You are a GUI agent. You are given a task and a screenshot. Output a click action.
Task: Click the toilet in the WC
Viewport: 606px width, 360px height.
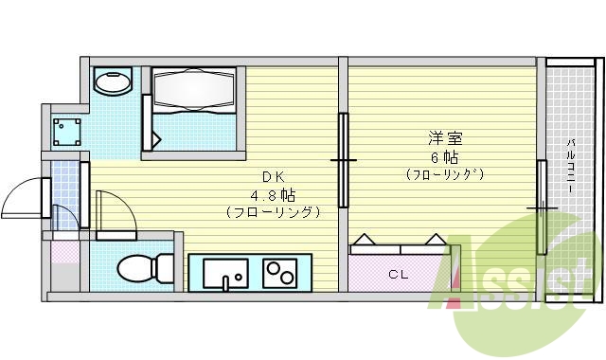[138, 267]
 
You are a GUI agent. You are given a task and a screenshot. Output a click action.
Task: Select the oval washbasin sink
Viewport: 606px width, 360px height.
[115, 82]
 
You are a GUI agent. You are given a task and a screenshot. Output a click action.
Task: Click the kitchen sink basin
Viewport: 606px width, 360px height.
[225, 272]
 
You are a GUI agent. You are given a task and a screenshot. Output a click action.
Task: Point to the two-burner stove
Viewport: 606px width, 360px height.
[278, 273]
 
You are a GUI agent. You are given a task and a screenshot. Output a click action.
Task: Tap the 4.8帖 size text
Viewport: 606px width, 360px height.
[273, 195]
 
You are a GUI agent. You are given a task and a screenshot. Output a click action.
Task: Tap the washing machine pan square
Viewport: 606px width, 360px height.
[65, 129]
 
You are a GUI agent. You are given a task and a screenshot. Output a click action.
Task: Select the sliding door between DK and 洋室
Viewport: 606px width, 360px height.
[343, 161]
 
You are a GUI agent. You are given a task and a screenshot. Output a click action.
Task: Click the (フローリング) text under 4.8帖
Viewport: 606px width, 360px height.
[273, 212]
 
